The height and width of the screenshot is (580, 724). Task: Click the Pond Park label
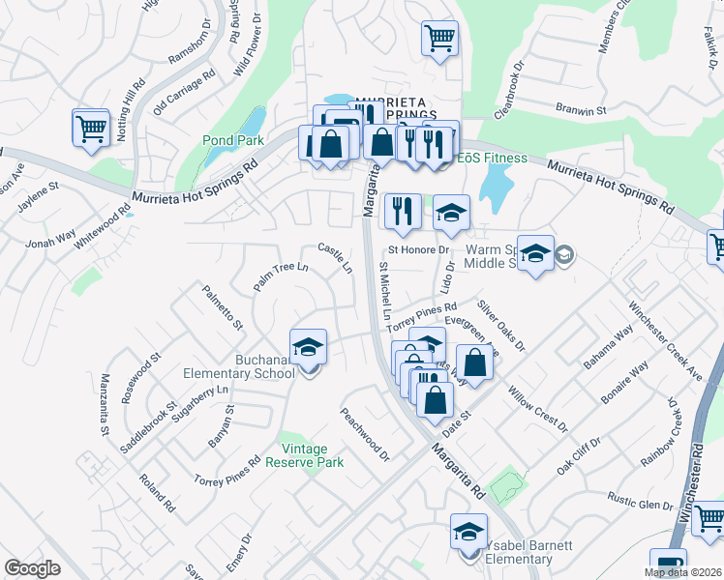point(233,140)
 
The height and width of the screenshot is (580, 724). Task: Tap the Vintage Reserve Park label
point(312,455)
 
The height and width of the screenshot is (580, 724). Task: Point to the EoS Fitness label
point(492,158)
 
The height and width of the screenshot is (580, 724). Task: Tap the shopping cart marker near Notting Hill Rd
point(90,127)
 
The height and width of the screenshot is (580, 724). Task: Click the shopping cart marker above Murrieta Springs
point(438,39)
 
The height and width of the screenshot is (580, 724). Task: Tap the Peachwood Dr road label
point(363,433)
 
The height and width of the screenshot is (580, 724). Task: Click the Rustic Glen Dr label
point(640,503)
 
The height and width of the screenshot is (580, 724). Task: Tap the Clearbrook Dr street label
point(508,91)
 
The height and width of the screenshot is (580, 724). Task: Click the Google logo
point(32,568)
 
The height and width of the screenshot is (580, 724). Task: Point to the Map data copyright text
point(683,572)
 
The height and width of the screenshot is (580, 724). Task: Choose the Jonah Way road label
point(51,239)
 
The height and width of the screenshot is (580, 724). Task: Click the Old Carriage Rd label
point(184,89)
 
